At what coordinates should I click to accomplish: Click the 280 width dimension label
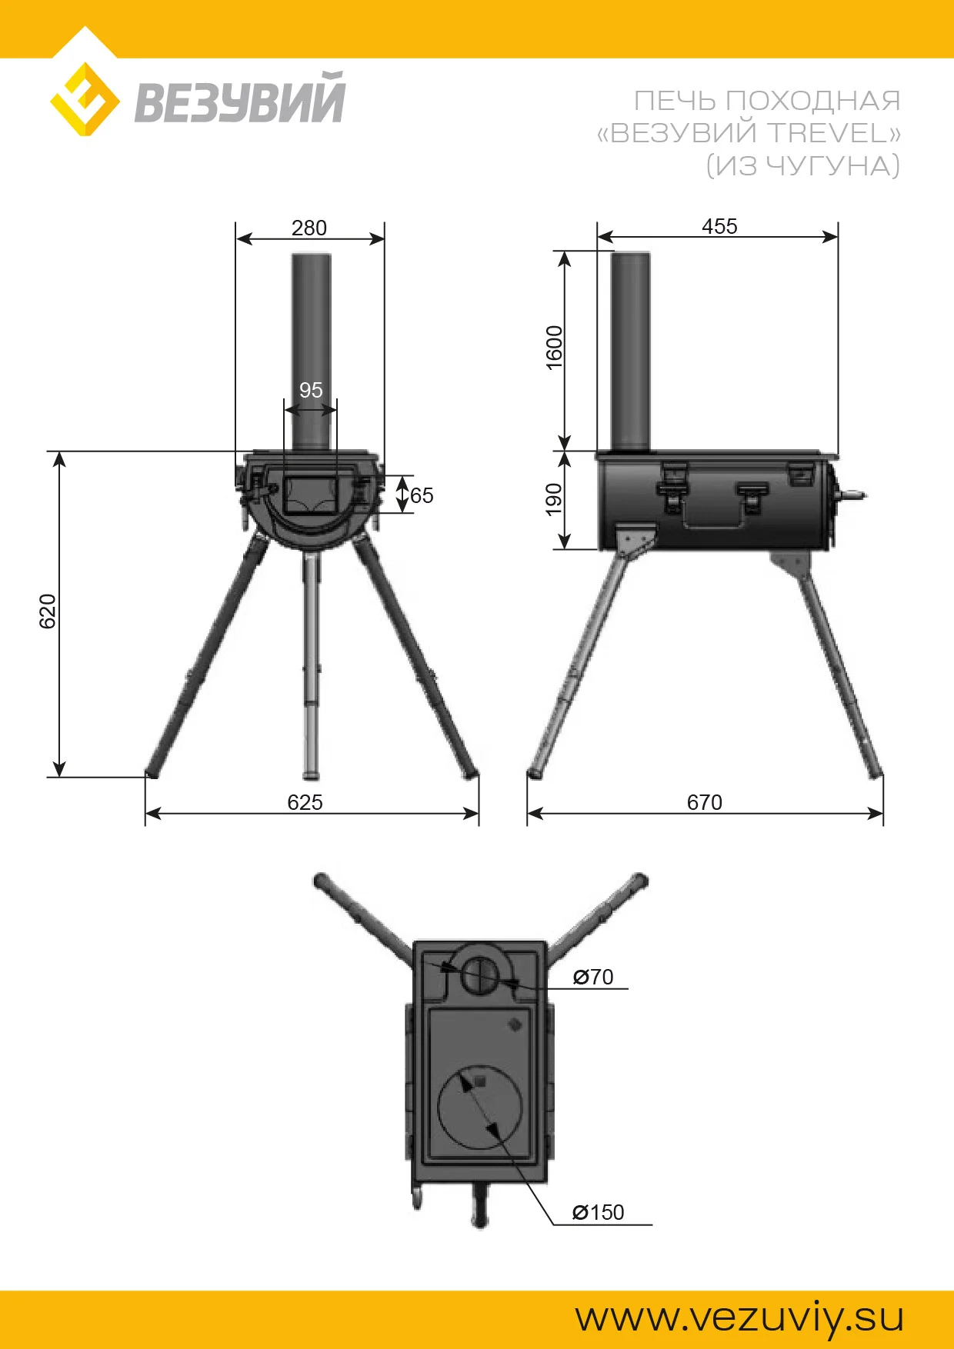[x=309, y=228]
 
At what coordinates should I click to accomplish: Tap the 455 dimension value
[x=719, y=226]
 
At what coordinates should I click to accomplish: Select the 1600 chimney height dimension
[x=554, y=348]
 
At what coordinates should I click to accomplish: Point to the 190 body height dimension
[x=554, y=499]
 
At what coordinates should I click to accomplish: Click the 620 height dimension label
[x=48, y=611]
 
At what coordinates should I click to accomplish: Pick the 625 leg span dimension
[x=305, y=802]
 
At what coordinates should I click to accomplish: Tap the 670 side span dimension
[x=705, y=802]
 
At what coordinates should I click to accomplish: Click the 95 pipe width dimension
[x=311, y=390]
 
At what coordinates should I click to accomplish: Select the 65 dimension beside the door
[x=422, y=495]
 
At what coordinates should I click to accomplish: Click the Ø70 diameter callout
[x=593, y=977]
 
